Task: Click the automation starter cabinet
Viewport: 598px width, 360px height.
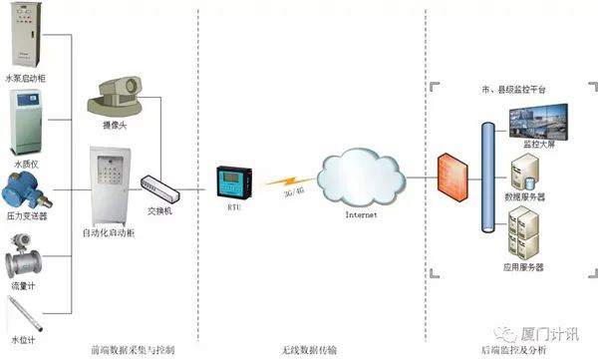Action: [x=111, y=185]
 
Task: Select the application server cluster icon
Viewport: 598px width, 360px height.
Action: [x=524, y=237]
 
